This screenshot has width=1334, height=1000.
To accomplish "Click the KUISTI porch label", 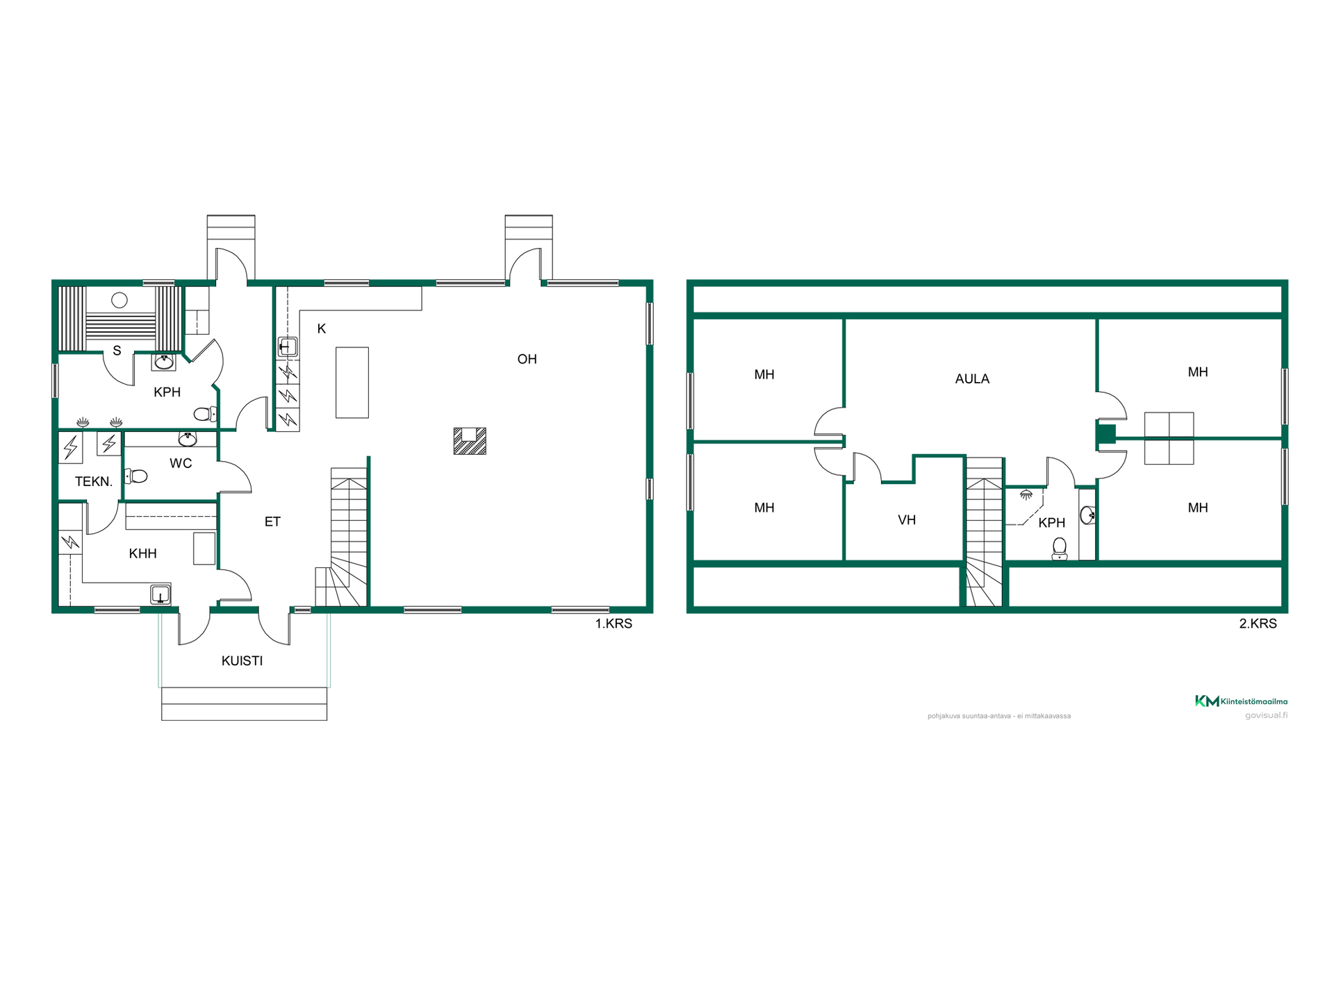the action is (x=242, y=660).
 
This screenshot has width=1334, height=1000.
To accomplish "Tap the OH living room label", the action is (x=527, y=359).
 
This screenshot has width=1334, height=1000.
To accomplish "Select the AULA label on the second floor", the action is (x=972, y=378).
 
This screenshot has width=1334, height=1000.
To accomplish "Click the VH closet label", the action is (x=907, y=519).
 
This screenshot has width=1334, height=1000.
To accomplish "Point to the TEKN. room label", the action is (x=94, y=481).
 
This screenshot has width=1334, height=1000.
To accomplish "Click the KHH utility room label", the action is (x=142, y=553).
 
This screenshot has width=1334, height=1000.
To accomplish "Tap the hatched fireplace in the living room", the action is (x=470, y=441).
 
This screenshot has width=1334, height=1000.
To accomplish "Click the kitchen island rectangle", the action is (x=352, y=383).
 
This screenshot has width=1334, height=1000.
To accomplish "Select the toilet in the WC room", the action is (x=135, y=476).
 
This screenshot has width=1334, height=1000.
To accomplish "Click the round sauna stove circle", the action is (x=120, y=301).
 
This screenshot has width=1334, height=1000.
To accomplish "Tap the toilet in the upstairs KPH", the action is (x=1060, y=549).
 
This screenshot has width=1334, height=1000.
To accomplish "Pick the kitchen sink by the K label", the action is (x=288, y=347).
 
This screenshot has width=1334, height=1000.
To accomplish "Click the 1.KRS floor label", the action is (x=614, y=624).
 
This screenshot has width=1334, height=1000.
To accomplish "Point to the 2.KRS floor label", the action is (x=1258, y=624).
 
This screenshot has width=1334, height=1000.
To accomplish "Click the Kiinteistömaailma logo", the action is (x=1241, y=701).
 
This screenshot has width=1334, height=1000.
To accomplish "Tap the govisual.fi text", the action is (x=1266, y=715).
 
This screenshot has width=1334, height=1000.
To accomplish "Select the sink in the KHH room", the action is (x=160, y=595).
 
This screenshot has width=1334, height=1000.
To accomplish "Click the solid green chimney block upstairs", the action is (x=1106, y=434).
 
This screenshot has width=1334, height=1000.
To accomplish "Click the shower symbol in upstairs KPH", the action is (x=1026, y=495).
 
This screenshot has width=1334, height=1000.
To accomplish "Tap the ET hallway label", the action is (x=272, y=522).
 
